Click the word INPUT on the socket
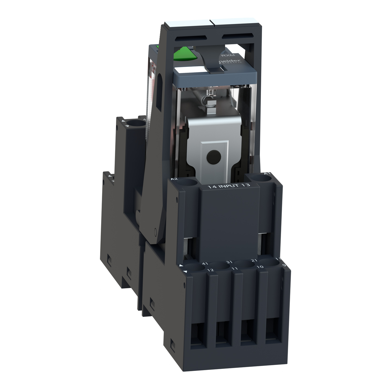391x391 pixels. pos(229,186)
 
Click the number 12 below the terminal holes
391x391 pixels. pos(210,270)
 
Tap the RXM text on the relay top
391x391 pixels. pos(224,55)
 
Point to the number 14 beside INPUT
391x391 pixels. pos(211,187)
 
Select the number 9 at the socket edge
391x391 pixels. pos(284,265)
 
